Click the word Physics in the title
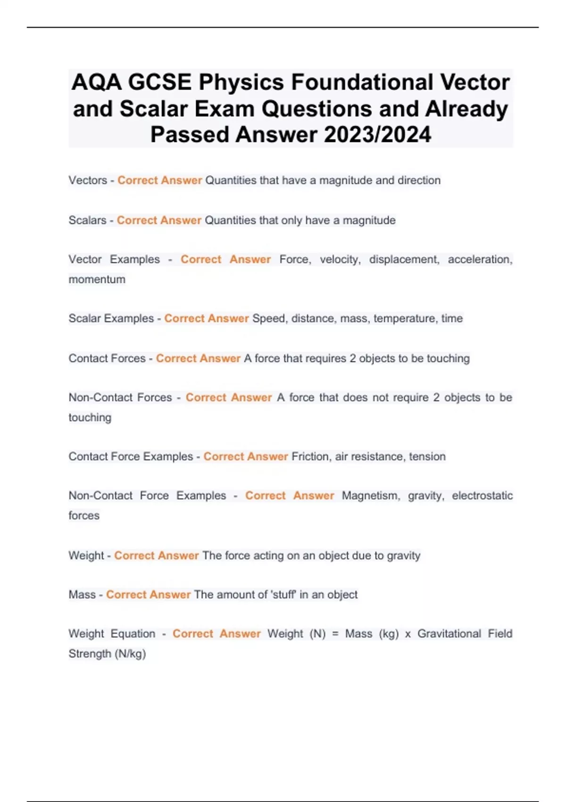point(241,83)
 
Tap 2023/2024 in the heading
point(377,134)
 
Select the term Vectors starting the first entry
point(88,180)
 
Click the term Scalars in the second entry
point(87,220)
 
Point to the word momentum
point(97,279)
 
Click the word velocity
point(340,259)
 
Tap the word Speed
point(268,318)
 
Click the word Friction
point(310,456)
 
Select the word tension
point(427,456)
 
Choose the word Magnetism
point(371,495)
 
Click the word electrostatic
point(482,495)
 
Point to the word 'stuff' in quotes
point(283,594)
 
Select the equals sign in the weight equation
point(335,634)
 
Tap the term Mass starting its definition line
point(82,594)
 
